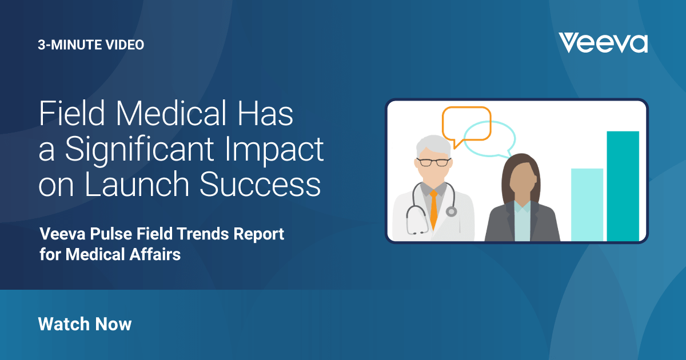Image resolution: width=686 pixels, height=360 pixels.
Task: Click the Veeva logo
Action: point(603,43)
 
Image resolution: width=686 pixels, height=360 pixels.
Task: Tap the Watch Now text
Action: point(85,324)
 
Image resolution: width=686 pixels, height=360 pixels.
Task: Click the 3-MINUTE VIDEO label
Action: point(91,45)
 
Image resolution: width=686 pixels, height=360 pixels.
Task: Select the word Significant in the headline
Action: point(139,150)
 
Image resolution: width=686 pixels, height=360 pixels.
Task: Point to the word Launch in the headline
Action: point(137,183)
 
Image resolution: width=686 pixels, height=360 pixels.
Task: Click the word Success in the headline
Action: point(260,183)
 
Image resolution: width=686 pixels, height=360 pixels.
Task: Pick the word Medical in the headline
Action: point(171,113)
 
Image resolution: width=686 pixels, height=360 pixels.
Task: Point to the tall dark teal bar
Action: point(623,186)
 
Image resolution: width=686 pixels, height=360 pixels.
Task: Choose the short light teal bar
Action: point(587,205)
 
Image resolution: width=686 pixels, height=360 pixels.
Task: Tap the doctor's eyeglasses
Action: point(434,162)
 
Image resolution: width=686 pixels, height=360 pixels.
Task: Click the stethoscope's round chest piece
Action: point(451,211)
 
